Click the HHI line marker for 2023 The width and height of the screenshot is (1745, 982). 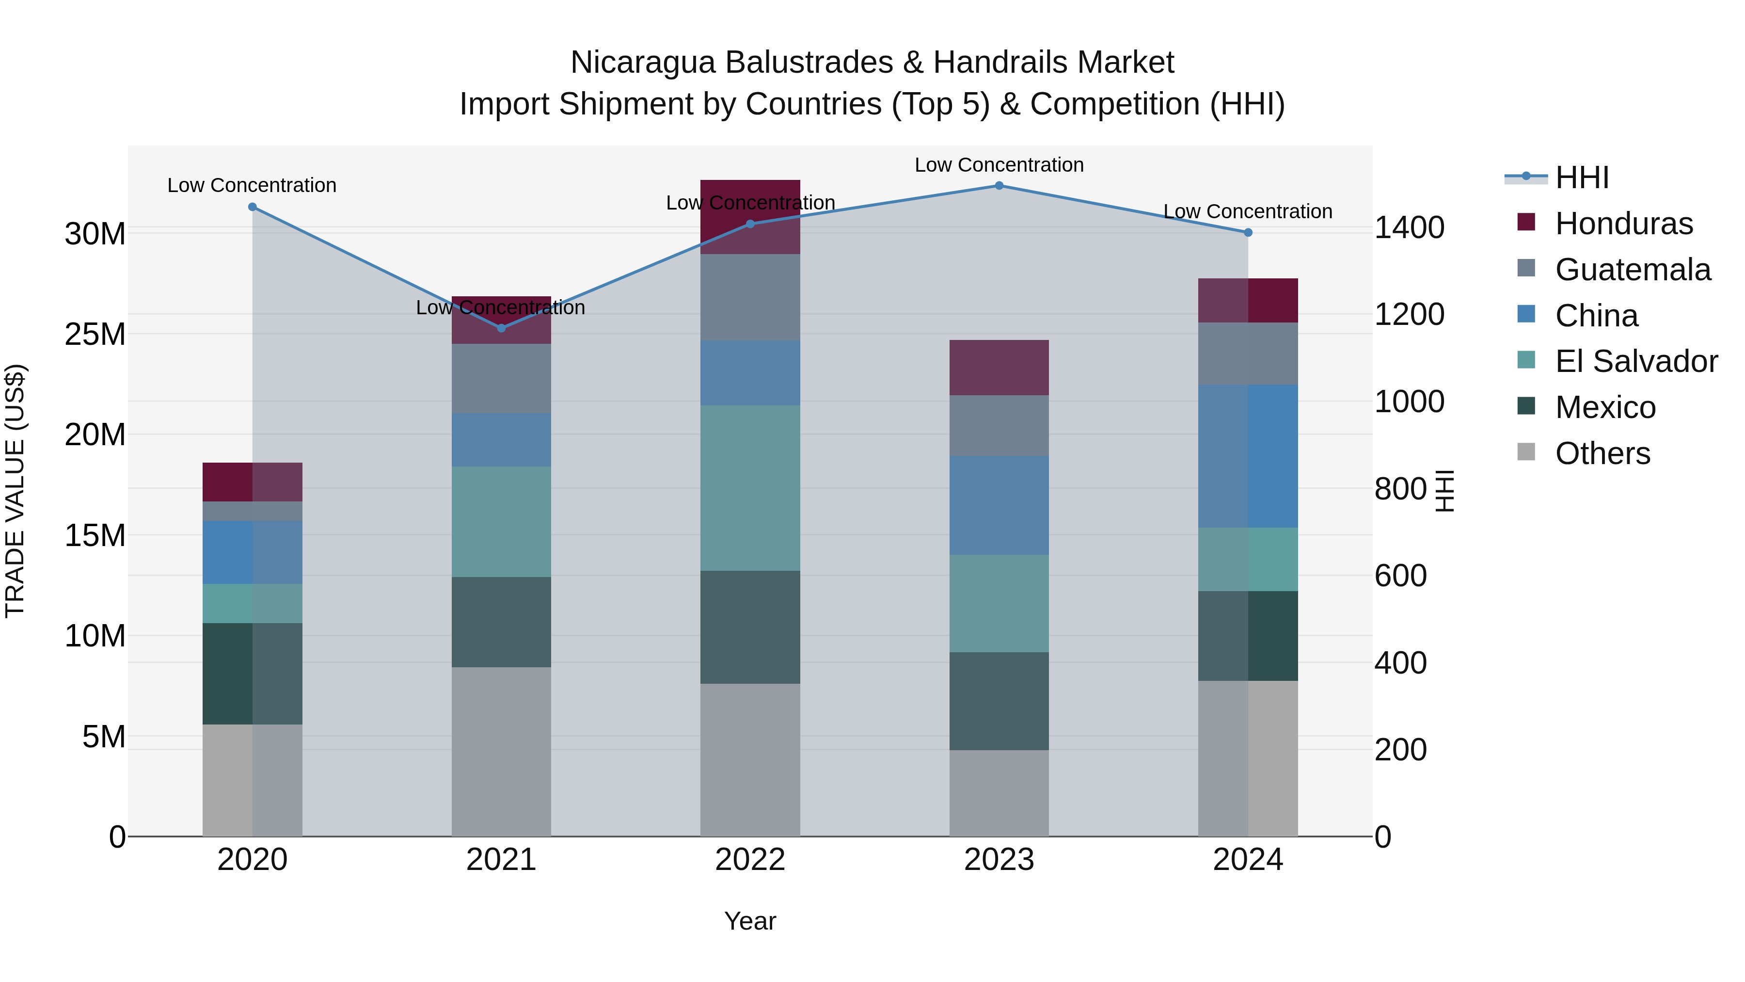(999, 186)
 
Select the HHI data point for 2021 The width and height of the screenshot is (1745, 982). (501, 328)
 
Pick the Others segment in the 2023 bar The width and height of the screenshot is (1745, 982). (999, 793)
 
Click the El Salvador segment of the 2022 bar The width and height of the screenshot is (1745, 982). (750, 488)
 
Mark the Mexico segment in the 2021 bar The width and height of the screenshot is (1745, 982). (501, 622)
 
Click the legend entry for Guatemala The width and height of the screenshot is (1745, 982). (1633, 270)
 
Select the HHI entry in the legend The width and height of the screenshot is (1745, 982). (1582, 177)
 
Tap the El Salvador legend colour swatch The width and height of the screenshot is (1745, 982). (1526, 360)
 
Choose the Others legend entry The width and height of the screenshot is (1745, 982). (1602, 453)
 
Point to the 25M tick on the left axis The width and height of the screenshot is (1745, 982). (95, 334)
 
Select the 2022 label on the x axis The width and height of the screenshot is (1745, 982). (750, 860)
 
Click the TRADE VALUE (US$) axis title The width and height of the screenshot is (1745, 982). (15, 491)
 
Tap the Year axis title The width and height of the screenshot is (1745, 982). (750, 921)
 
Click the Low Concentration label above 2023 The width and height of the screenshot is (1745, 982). (999, 165)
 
